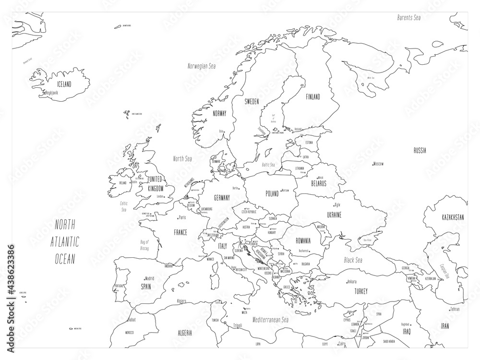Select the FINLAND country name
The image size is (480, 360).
(312, 96)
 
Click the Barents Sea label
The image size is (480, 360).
(408, 17)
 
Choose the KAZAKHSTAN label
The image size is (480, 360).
(453, 217)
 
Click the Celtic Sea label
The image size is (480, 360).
(124, 206)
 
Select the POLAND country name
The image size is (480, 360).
(272, 193)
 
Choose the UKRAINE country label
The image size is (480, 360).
(334, 215)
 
